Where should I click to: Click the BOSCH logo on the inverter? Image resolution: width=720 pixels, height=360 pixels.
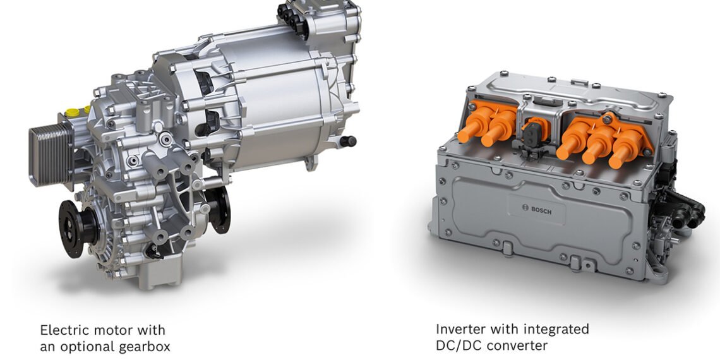[537, 209]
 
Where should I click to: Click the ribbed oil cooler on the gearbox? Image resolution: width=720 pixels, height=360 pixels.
[51, 154]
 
